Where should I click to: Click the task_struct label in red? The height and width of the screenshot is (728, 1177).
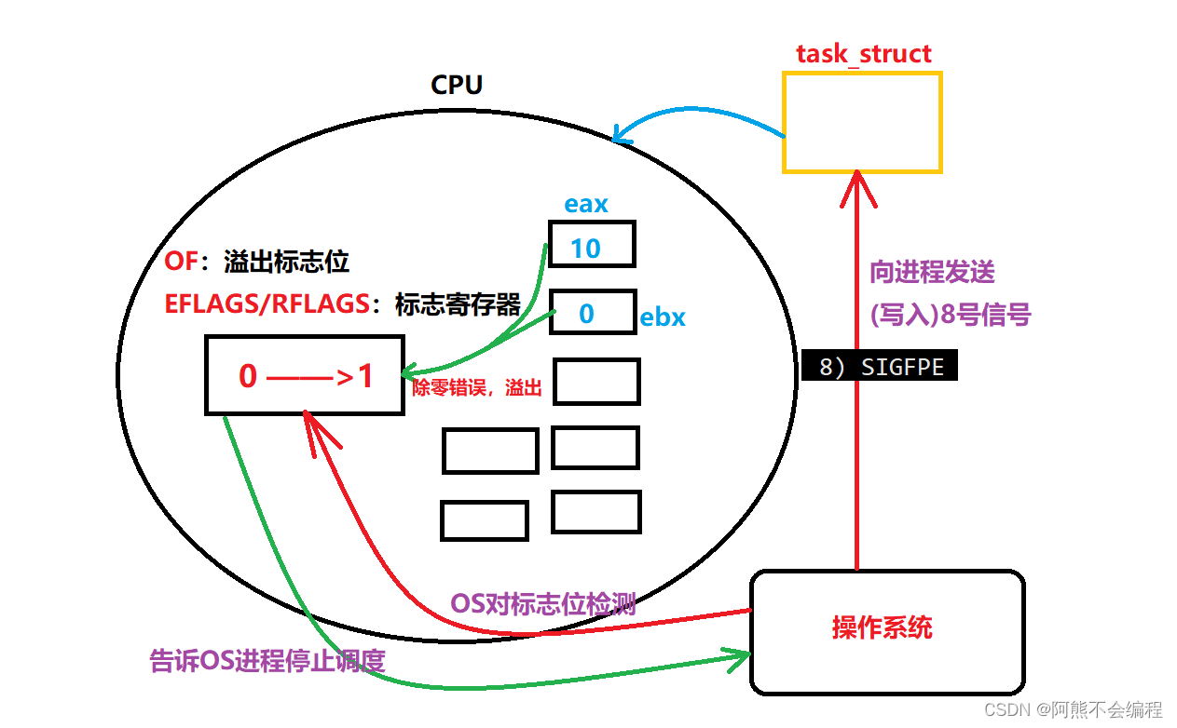[x=863, y=53]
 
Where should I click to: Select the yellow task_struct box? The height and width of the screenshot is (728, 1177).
[x=862, y=122]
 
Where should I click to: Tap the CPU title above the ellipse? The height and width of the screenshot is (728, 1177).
[x=457, y=85]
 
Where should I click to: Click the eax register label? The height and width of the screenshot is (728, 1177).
[x=586, y=204]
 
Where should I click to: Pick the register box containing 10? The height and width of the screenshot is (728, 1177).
[x=592, y=245]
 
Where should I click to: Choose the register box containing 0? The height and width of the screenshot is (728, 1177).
[x=593, y=312]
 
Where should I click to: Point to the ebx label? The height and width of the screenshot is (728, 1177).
[x=663, y=317]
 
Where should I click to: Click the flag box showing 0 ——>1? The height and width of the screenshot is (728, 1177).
[x=305, y=376]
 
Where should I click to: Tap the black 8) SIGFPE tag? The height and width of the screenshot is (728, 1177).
[x=880, y=367]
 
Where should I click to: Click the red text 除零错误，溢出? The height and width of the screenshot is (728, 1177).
[x=477, y=388]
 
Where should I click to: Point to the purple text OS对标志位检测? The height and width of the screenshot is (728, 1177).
[x=543, y=604]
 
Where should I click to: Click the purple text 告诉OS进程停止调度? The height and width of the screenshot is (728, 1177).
[x=267, y=660]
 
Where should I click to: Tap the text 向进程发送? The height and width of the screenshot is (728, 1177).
[x=933, y=272]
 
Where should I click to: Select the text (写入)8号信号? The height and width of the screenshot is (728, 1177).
[x=950, y=315]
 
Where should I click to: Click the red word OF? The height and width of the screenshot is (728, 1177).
[x=182, y=262]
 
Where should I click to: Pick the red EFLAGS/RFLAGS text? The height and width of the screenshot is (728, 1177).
[x=267, y=304]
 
